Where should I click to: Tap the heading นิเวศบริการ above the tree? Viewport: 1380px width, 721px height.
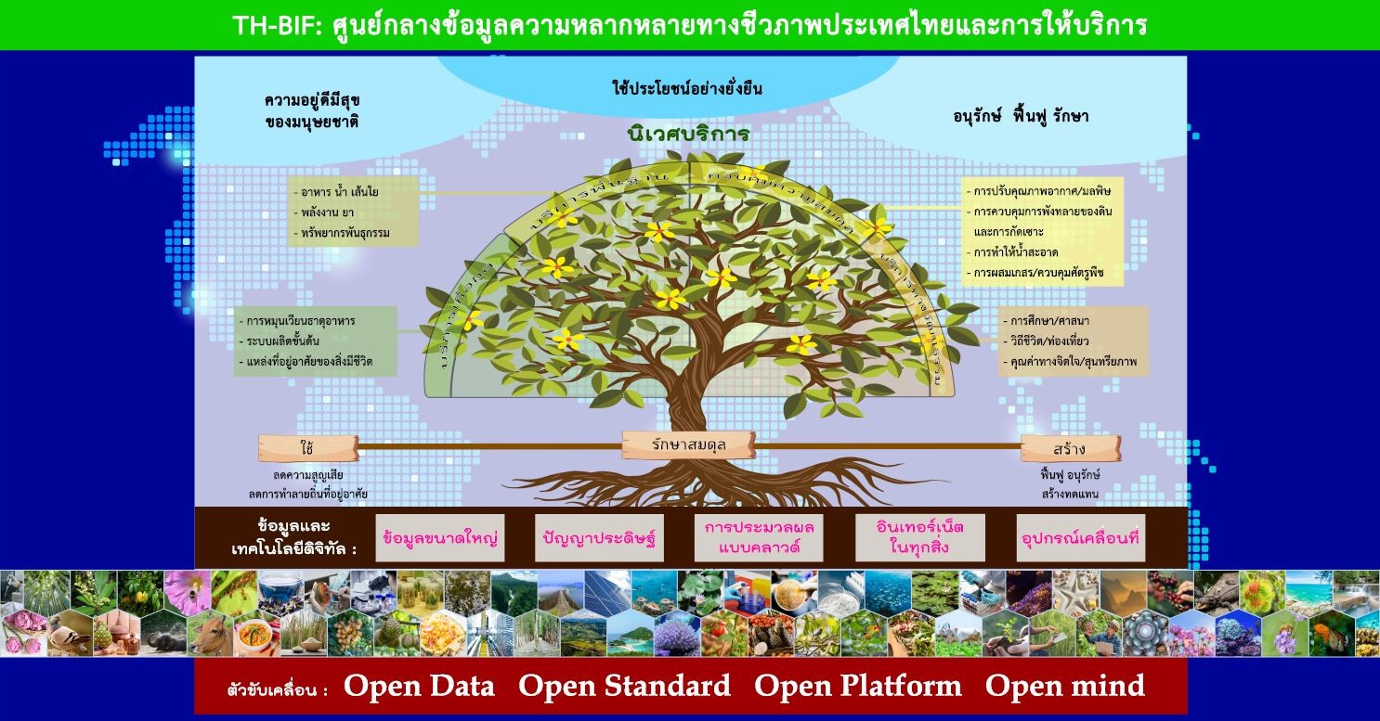coord(687,135)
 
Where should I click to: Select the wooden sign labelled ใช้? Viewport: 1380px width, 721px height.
coord(306,448)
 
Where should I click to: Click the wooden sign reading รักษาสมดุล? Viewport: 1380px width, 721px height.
coord(688,445)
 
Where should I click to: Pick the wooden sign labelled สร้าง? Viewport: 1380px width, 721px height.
coord(1070,449)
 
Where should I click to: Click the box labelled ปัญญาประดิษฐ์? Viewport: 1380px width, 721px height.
coord(601,538)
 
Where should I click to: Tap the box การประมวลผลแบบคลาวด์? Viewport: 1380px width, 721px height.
coord(759,538)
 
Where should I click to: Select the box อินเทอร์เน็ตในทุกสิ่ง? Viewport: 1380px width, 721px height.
coord(919,538)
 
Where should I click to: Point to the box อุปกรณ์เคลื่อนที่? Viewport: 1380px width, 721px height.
coord(1080,538)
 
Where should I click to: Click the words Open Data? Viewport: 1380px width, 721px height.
coord(419,687)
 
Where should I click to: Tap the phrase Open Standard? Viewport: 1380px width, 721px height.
coord(624,687)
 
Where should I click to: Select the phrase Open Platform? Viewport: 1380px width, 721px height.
coord(857,687)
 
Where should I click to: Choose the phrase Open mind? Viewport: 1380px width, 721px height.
coord(1064,687)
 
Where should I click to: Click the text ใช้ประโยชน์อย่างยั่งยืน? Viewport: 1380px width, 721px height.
coord(687,89)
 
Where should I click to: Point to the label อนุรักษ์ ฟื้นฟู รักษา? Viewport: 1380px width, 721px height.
coord(1021,117)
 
